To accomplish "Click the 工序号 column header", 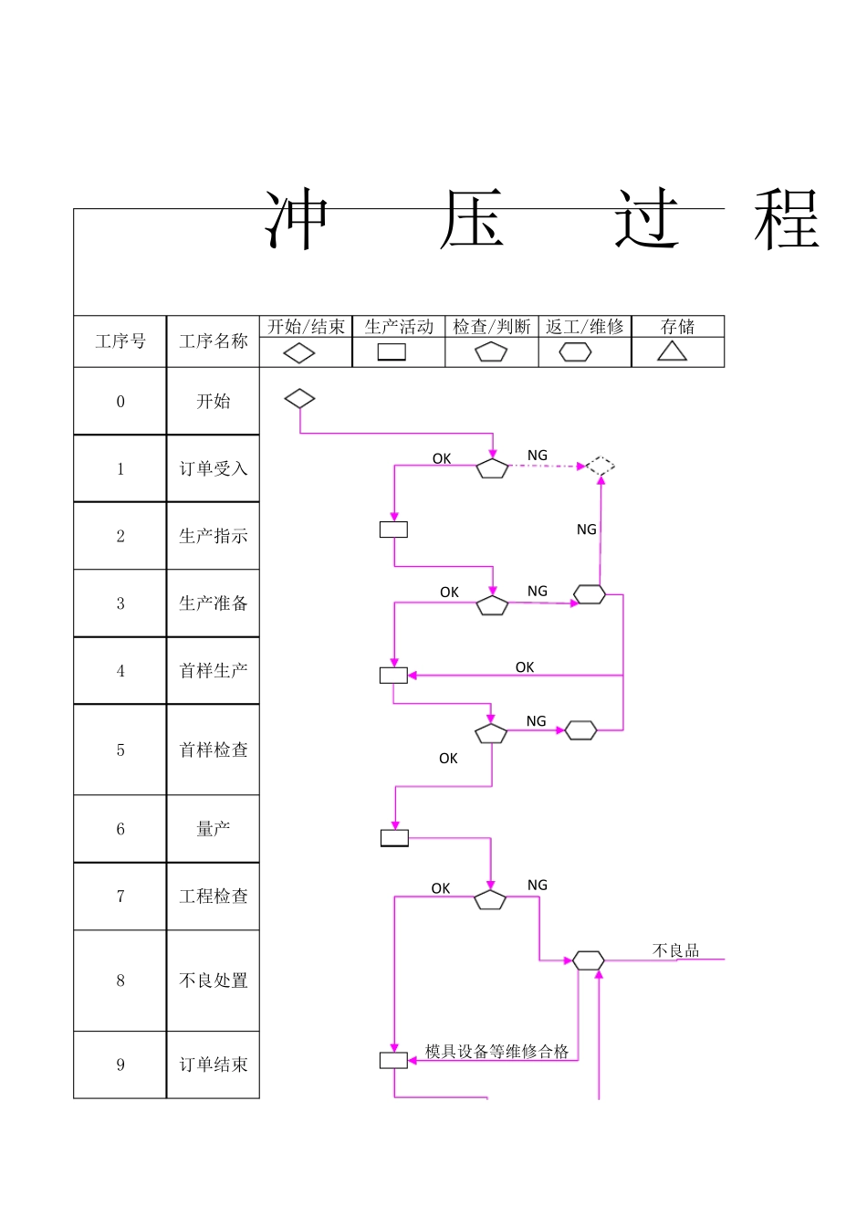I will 120,341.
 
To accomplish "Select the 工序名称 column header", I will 214,341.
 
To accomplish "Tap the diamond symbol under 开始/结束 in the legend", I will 299,353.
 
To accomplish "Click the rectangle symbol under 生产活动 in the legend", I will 392,352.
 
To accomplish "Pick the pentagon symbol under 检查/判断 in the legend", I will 491,352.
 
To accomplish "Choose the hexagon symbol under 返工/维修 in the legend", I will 575,352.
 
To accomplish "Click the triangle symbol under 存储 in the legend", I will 673,351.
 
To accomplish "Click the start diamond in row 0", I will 299,399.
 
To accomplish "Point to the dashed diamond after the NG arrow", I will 600,467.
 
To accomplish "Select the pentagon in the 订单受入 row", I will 493,469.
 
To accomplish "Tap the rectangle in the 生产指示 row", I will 393,530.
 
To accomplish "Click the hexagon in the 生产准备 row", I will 590,595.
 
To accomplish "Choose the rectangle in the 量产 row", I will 394,838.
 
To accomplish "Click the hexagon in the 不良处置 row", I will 589,960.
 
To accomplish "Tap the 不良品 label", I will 676,951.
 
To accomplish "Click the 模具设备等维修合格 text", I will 497,1052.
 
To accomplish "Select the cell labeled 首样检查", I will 214,750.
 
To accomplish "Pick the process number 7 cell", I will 120,897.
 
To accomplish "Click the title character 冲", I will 297,221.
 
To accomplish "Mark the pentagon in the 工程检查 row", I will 490,901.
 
